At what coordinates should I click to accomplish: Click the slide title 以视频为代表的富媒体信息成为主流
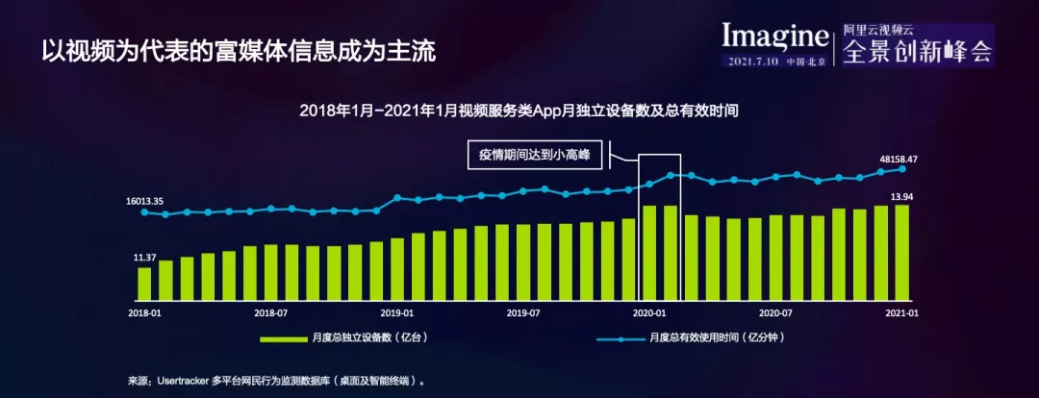[x=240, y=52]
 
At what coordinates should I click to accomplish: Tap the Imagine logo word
[x=775, y=36]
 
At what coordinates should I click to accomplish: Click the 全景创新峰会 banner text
[x=918, y=50]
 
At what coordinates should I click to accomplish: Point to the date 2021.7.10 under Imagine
[x=755, y=62]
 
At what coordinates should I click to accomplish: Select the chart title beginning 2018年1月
[x=519, y=111]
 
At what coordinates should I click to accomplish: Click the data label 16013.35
[x=143, y=201]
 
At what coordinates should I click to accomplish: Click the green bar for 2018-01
[x=144, y=284]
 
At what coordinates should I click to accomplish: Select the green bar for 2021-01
[x=901, y=252]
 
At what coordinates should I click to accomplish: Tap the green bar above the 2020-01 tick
[x=649, y=253]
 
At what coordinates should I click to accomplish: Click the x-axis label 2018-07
[x=270, y=311]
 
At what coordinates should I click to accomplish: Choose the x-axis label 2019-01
[x=397, y=311]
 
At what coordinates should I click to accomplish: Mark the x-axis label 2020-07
[x=776, y=311]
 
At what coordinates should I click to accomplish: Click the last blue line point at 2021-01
[x=901, y=169]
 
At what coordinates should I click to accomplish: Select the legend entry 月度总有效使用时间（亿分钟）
[x=691, y=337]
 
